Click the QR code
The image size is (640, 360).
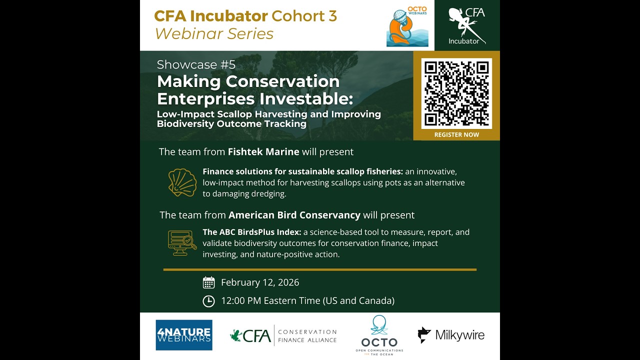(x=456, y=93)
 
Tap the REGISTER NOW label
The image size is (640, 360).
(x=456, y=134)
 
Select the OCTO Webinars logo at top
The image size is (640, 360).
(x=407, y=26)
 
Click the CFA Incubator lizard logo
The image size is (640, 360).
(x=467, y=25)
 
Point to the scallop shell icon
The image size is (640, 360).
(x=182, y=182)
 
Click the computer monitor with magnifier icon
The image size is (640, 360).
(x=182, y=243)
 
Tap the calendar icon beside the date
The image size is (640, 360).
(x=208, y=282)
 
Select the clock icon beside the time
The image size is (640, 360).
(x=208, y=301)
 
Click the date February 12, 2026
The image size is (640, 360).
(x=260, y=282)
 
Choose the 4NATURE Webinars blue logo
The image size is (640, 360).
(x=184, y=335)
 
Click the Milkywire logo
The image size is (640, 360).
(x=451, y=335)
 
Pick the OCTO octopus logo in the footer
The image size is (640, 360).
(x=379, y=335)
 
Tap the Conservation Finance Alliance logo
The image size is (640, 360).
(x=283, y=335)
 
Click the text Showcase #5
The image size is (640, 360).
(x=196, y=64)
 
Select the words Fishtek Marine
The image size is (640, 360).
(x=263, y=151)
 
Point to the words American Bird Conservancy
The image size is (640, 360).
(x=294, y=215)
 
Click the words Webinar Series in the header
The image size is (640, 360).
(x=214, y=33)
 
